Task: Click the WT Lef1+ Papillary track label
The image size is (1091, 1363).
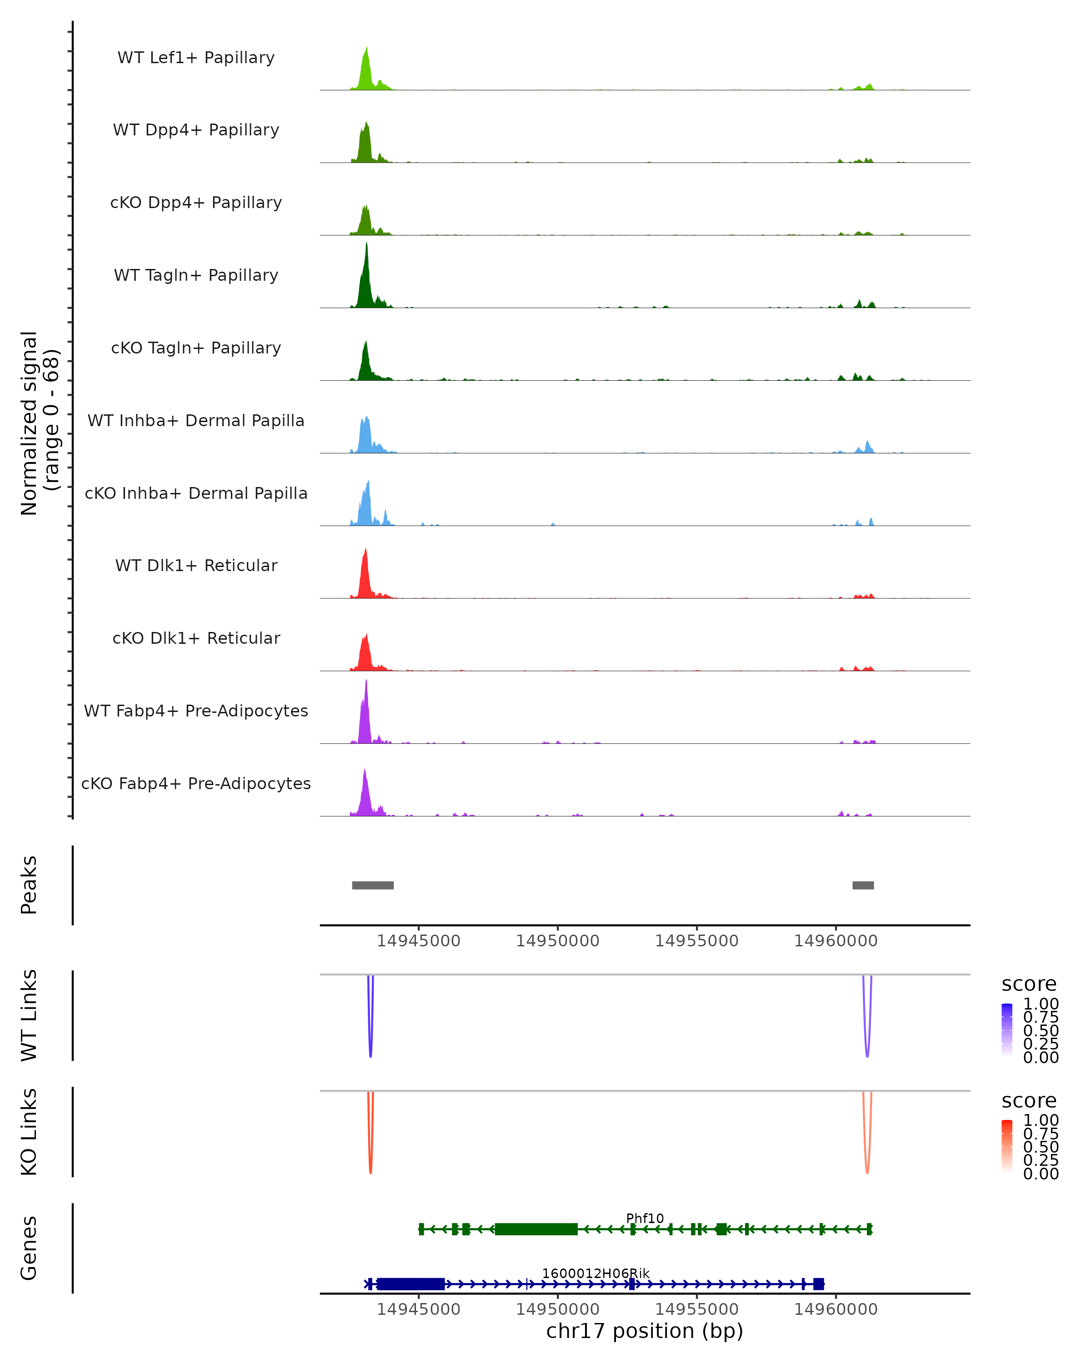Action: point(196,58)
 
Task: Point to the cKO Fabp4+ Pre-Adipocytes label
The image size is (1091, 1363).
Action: point(196,783)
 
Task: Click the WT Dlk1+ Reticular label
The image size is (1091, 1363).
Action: point(196,565)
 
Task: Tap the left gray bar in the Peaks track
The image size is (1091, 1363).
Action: point(372,885)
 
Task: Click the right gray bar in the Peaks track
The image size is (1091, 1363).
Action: point(863,885)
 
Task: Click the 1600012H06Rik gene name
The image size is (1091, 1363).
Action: point(595,1273)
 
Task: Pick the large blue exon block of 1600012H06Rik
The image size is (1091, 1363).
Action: point(410,1284)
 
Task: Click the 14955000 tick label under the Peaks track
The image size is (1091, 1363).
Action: point(696,941)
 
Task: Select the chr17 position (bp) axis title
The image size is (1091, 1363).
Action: point(645,1331)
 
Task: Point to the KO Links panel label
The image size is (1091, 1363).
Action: point(29,1132)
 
